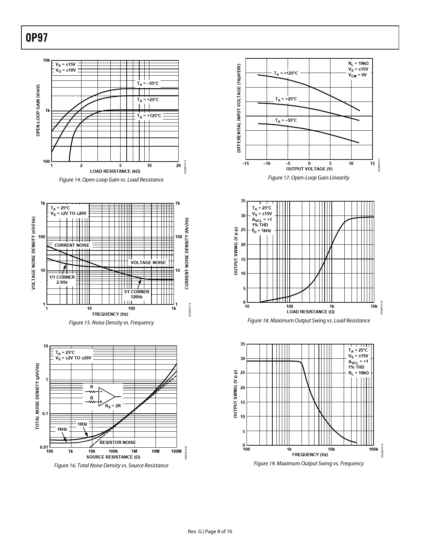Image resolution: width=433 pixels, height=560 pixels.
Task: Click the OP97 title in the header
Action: pyautogui.click(x=36, y=38)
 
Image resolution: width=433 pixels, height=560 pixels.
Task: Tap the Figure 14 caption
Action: pyautogui.click(x=111, y=180)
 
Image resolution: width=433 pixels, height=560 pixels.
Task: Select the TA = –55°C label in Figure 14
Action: pyautogui.click(x=148, y=83)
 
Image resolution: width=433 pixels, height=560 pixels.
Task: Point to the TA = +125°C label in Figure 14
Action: pyautogui.click(x=149, y=116)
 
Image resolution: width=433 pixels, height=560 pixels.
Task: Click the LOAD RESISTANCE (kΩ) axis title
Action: pyautogui.click(x=115, y=171)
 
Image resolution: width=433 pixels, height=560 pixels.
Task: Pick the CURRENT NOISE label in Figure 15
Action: pyautogui.click(x=72, y=245)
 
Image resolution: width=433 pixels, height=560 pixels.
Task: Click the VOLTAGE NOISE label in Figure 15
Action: pyautogui.click(x=148, y=262)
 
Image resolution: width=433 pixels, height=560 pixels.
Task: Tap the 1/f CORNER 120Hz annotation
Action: pyautogui.click(x=137, y=294)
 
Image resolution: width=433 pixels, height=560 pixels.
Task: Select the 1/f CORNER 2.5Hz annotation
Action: pyautogui.click(x=62, y=280)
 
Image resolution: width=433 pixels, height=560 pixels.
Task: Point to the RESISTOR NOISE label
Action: pyautogui.click(x=118, y=442)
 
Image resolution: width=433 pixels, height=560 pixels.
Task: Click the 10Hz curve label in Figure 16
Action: pyautogui.click(x=82, y=424)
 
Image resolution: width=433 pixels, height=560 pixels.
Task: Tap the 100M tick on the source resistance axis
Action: pyautogui.click(x=176, y=451)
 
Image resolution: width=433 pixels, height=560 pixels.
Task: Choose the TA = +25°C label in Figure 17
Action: pyautogui.click(x=286, y=99)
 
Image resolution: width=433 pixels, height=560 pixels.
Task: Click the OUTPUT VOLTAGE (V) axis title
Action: pyautogui.click(x=309, y=169)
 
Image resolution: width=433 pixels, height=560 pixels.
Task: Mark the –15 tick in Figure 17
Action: pyautogui.click(x=245, y=164)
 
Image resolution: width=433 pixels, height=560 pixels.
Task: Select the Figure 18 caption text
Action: pyautogui.click(x=308, y=321)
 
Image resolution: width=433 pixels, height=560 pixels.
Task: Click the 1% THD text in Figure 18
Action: pyautogui.click(x=260, y=225)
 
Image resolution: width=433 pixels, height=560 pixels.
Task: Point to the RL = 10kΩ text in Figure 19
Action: pyautogui.click(x=358, y=373)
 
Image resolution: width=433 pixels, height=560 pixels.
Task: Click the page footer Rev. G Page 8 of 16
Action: pyautogui.click(x=210, y=531)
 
